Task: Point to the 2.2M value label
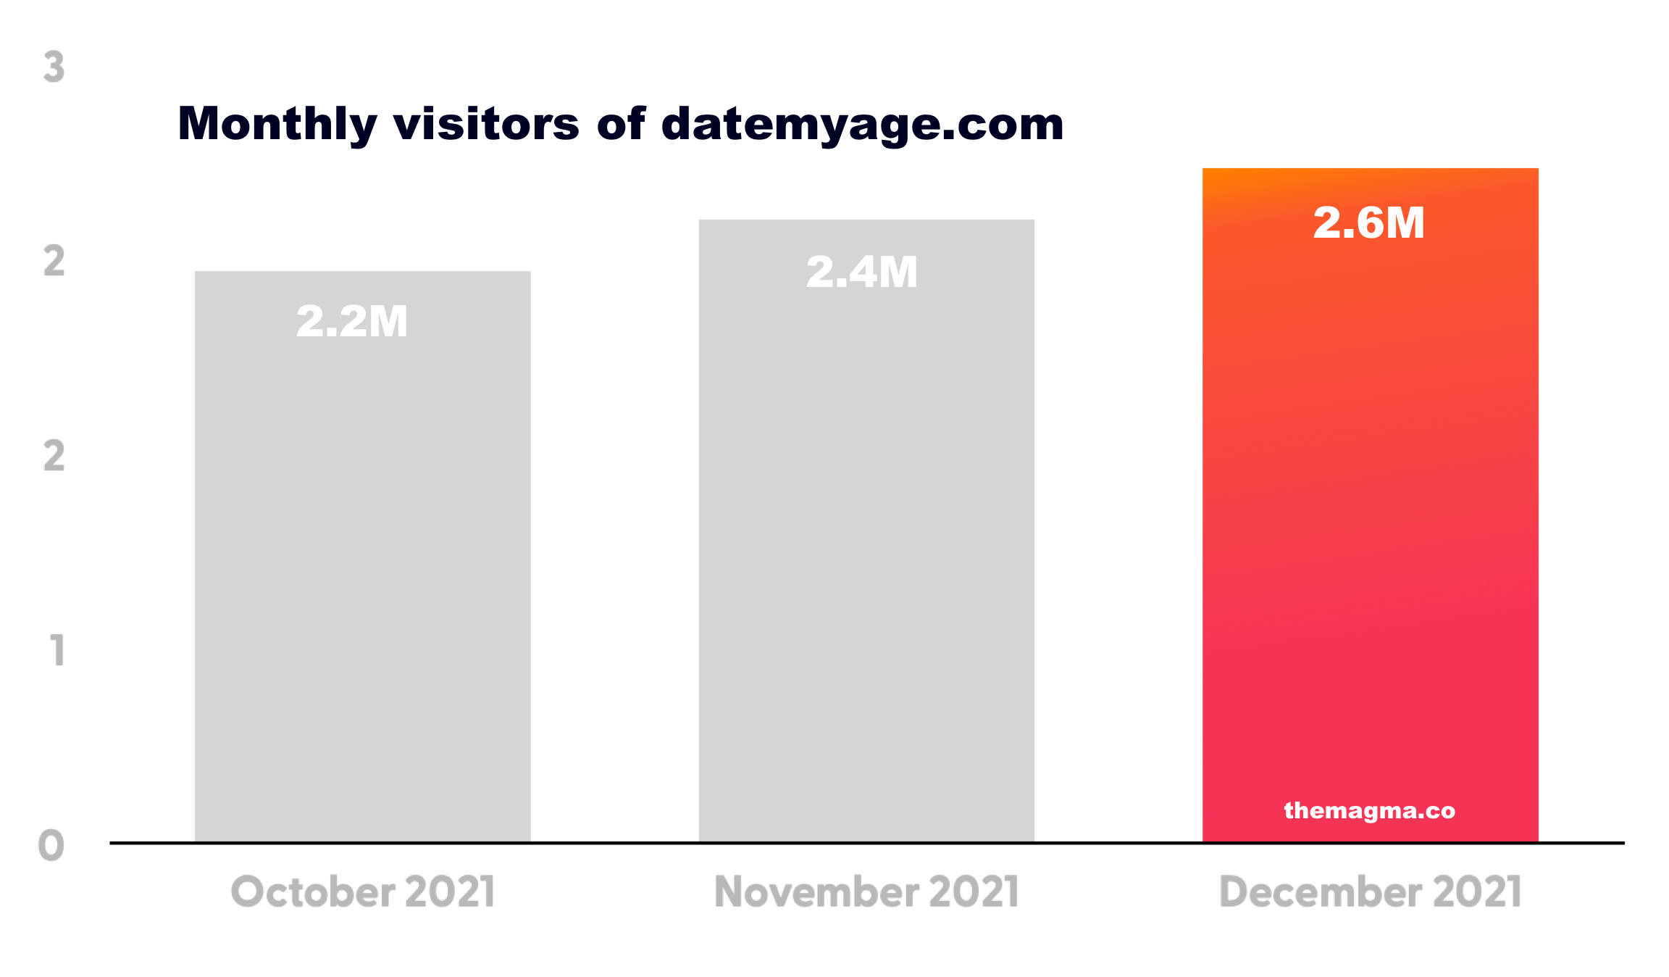352,321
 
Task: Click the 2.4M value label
862,273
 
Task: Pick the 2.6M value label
1369,223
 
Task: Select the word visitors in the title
486,124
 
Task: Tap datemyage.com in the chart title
863,124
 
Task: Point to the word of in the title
621,124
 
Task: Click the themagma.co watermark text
1369,810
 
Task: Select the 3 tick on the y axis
54,67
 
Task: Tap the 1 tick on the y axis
57,650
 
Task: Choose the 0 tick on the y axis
51,845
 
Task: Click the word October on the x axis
311,891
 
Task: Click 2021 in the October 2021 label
450,891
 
